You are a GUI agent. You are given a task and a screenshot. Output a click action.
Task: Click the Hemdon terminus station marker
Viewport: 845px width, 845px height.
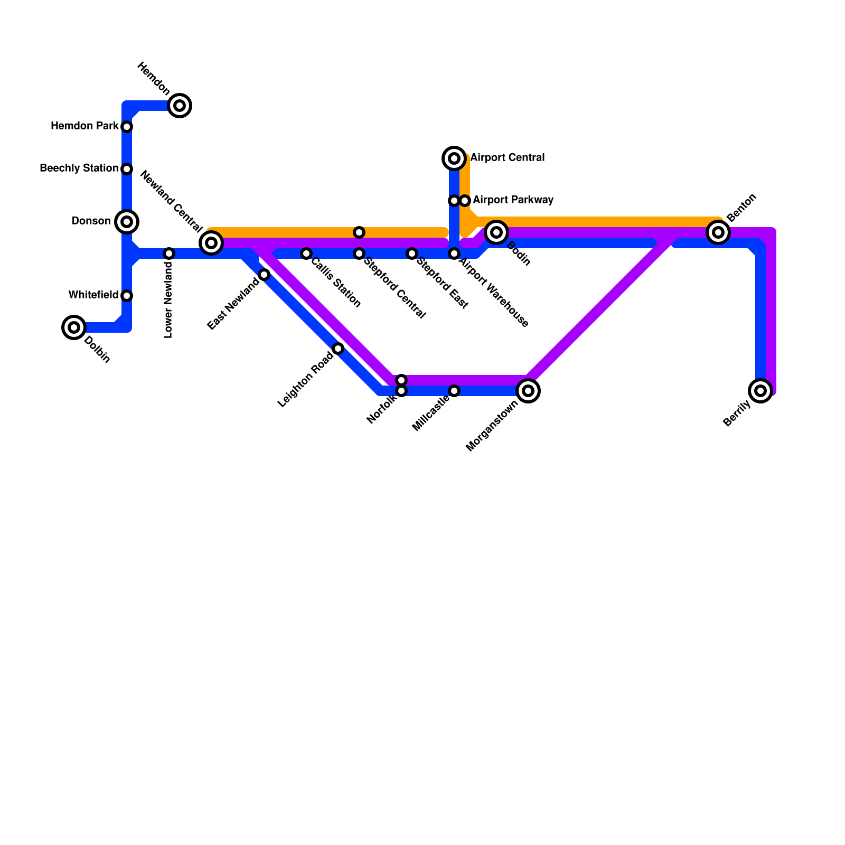180,106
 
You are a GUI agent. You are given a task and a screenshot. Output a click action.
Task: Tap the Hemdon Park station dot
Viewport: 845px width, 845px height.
127,127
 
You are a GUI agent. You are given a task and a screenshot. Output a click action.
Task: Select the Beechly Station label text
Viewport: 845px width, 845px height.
79,168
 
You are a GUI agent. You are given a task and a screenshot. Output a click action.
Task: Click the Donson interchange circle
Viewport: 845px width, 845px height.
127,222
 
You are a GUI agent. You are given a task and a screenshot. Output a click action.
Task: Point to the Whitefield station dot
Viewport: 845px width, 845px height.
127,296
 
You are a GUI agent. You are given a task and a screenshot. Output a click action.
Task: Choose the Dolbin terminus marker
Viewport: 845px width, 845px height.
74,327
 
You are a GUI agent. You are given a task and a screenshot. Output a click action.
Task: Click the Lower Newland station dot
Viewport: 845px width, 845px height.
169,253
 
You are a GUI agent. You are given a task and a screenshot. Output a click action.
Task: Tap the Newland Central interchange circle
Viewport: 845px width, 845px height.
211,243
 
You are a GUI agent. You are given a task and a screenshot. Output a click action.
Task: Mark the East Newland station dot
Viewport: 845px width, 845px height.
264,275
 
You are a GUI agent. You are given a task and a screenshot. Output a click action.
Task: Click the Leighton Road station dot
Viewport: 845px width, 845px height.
338,349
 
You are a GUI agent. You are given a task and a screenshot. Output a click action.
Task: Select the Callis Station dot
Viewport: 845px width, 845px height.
306,253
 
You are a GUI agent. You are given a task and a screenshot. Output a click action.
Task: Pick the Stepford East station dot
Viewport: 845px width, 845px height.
412,253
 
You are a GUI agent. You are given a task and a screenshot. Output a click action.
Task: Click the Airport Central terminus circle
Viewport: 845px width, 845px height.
454,158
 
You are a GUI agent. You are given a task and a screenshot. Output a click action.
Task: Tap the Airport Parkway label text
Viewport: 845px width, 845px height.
513,200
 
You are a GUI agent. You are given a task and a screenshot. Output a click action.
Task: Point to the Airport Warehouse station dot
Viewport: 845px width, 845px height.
454,253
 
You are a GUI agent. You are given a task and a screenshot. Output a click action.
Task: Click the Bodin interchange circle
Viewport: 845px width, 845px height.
496,232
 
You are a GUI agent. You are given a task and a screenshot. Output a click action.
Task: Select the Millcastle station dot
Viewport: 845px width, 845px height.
454,391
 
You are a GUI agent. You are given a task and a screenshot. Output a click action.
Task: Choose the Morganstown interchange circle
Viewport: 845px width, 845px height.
528,391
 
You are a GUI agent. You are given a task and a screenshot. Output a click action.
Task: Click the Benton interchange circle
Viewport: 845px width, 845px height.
718,232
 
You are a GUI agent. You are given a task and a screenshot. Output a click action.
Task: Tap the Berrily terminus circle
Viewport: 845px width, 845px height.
760,391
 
